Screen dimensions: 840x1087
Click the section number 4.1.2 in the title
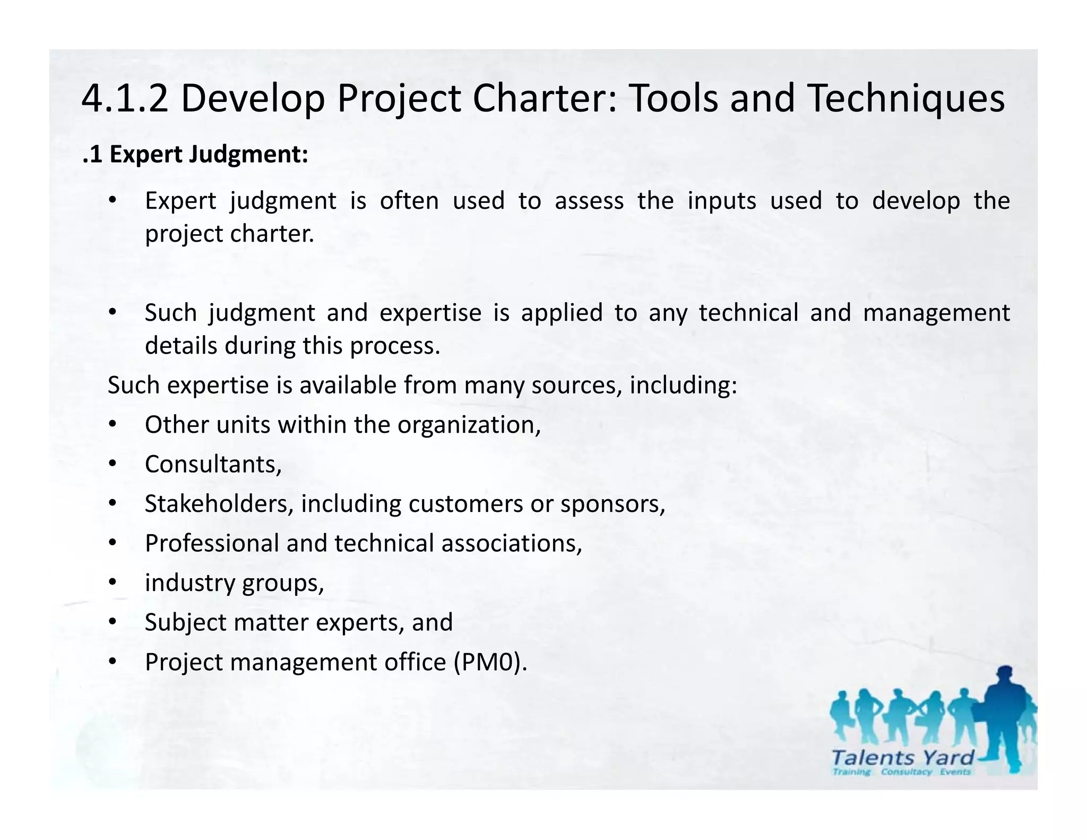click(x=125, y=99)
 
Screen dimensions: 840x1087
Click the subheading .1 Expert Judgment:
click(x=195, y=155)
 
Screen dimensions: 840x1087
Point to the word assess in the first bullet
click(x=589, y=201)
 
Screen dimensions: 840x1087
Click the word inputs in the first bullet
click(x=721, y=201)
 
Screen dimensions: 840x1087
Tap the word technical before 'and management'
click(x=748, y=312)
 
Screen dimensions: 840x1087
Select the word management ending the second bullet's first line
click(x=936, y=312)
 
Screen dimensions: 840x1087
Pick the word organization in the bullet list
click(x=469, y=425)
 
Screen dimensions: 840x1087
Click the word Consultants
click(x=213, y=464)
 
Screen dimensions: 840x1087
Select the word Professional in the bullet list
click(x=212, y=543)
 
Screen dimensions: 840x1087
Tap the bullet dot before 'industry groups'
click(x=112, y=582)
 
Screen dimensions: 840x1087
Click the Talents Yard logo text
click(x=903, y=758)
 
